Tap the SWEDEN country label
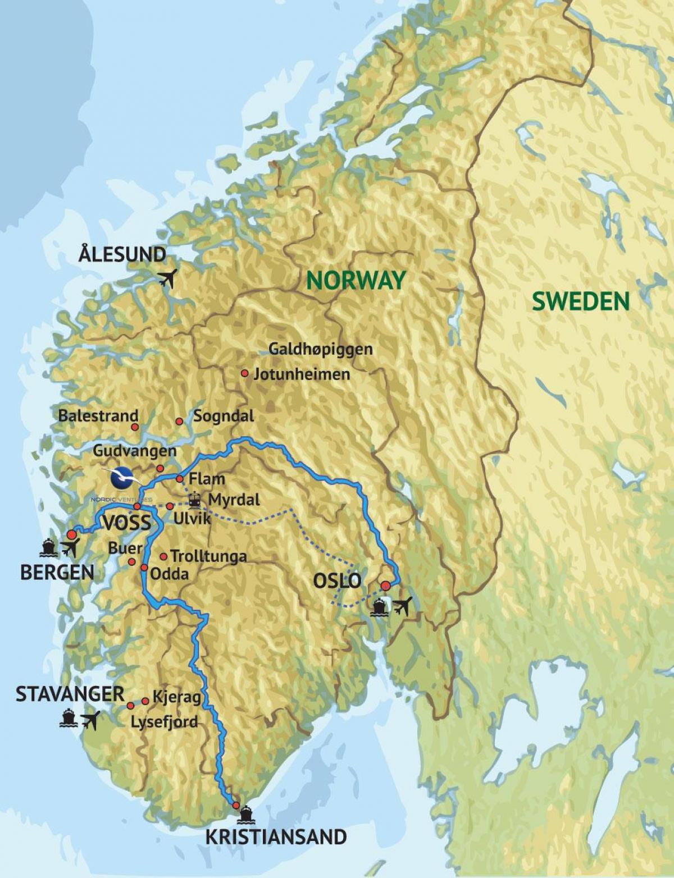tap(581, 301)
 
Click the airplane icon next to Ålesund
tap(167, 277)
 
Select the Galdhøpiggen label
tap(320, 349)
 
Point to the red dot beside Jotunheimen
tap(244, 373)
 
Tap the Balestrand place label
tap(98, 416)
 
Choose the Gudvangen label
tap(134, 451)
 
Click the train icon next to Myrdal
tap(195, 499)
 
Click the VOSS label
tap(127, 523)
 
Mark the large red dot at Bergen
tap(71, 534)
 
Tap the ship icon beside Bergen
tap(49, 547)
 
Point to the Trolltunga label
tap(208, 557)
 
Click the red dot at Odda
tap(144, 568)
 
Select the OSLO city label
tap(337, 580)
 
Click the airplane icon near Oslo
tap(402, 606)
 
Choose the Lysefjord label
tap(163, 722)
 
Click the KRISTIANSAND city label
tap(276, 837)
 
